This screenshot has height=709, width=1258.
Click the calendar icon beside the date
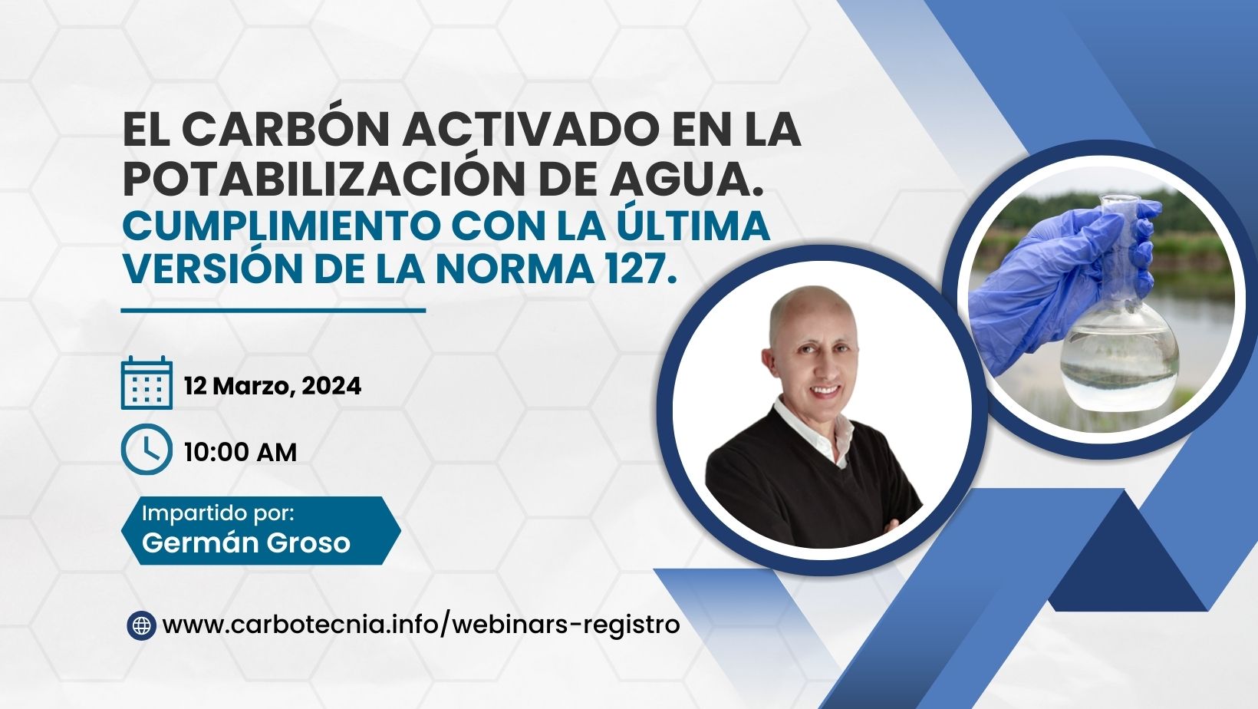147,383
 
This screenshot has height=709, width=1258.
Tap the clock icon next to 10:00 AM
147,450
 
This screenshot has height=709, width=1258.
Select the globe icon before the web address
141,625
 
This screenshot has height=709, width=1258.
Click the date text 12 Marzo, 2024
273,386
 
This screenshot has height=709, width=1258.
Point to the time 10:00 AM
240,452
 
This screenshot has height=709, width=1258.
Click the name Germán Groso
246,542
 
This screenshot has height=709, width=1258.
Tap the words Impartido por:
218,513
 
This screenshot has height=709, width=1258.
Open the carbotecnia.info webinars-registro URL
421,625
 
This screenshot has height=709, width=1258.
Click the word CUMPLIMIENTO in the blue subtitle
282,226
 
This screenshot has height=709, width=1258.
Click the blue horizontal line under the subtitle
273,310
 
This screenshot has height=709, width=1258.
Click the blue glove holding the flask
1055,281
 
